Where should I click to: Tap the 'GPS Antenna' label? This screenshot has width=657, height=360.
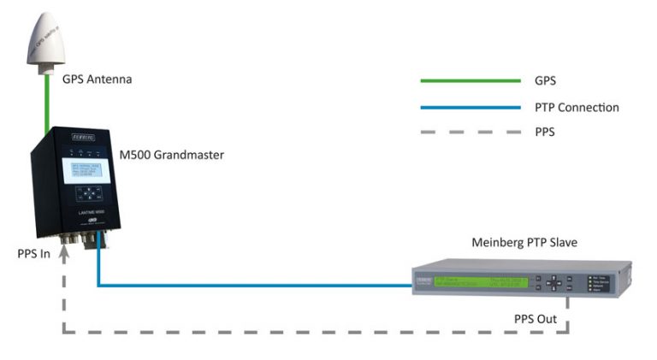click(97, 80)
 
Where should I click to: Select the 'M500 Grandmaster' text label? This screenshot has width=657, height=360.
click(170, 154)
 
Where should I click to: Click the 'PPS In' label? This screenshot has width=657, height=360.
click(33, 254)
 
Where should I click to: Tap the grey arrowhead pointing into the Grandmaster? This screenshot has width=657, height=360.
click(62, 248)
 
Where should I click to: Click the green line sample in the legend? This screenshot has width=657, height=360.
click(470, 80)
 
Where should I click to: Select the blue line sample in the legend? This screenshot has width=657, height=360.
click(470, 107)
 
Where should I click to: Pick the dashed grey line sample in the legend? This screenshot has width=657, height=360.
click(470, 133)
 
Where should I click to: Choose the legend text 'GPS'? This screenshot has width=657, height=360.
click(546, 81)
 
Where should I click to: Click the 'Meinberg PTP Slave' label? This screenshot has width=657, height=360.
click(524, 243)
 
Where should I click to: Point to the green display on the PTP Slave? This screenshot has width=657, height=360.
click(480, 282)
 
